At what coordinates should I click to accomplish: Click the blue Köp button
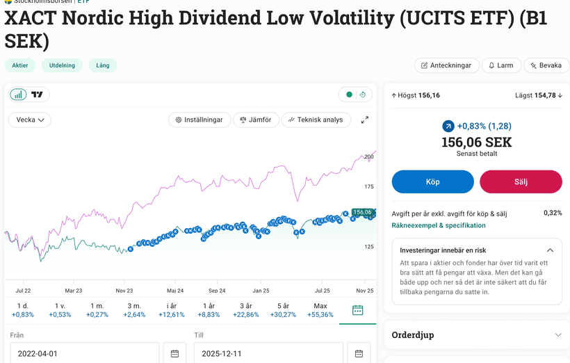[432, 181]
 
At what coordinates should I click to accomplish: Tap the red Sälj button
[521, 181]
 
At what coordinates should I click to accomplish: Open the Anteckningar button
[447, 65]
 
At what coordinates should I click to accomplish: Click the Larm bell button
[500, 65]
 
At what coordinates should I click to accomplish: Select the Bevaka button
[546, 65]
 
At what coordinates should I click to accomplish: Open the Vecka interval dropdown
[31, 120]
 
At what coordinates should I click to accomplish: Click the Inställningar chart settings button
[199, 120]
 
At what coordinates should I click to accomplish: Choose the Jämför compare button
[256, 120]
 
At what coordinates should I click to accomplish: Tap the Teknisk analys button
[316, 120]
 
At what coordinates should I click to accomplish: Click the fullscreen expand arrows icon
[365, 120]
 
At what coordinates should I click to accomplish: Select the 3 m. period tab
[134, 310]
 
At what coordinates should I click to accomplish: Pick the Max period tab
[320, 310]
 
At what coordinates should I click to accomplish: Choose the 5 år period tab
[282, 310]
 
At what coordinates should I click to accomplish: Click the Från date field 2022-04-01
[83, 353]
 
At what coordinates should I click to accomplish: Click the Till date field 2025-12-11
[268, 353]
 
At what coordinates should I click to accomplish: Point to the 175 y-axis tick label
[368, 186]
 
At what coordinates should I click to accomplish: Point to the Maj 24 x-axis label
[175, 291]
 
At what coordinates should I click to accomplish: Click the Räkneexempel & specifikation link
[439, 225]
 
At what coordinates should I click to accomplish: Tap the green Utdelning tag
[62, 65]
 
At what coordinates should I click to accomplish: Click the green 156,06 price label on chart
[362, 212]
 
